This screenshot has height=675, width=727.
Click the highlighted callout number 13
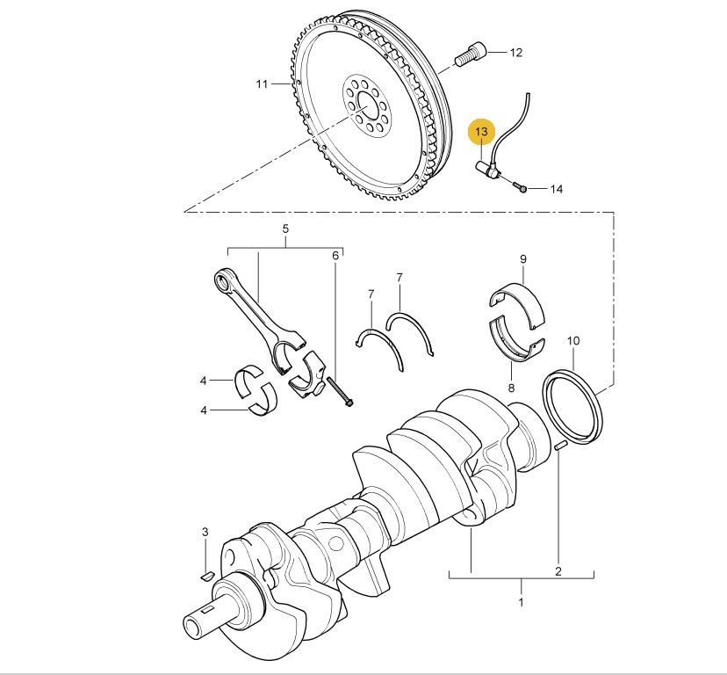point(480,133)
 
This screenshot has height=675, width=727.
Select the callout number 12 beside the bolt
point(516,53)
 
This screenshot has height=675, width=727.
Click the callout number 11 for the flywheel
point(262,84)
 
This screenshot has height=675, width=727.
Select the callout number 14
point(557,189)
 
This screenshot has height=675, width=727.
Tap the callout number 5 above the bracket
point(285,229)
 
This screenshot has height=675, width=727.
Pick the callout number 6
point(335,256)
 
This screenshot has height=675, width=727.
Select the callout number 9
point(522,259)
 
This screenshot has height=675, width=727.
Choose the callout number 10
point(573,340)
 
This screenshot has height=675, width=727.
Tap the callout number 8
point(510,387)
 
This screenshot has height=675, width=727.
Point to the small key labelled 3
point(207,575)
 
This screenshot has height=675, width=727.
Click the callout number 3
point(205,533)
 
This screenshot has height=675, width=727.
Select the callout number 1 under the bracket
point(521,603)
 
